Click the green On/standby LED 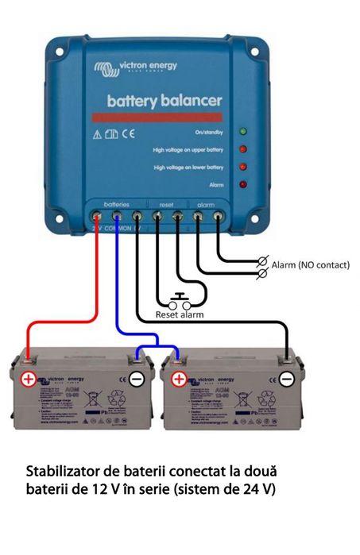coord(243,131)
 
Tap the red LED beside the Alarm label coord(243,185)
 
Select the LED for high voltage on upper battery coord(243,148)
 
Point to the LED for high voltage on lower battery coord(243,167)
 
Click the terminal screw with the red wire coord(97,215)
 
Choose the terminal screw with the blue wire coord(117,215)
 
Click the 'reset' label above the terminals coord(167,203)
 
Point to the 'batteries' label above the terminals coord(116,203)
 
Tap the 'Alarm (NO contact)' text coord(310,264)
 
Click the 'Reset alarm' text coord(180,314)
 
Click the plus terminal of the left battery coord(29,380)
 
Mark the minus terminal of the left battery coord(137,380)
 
